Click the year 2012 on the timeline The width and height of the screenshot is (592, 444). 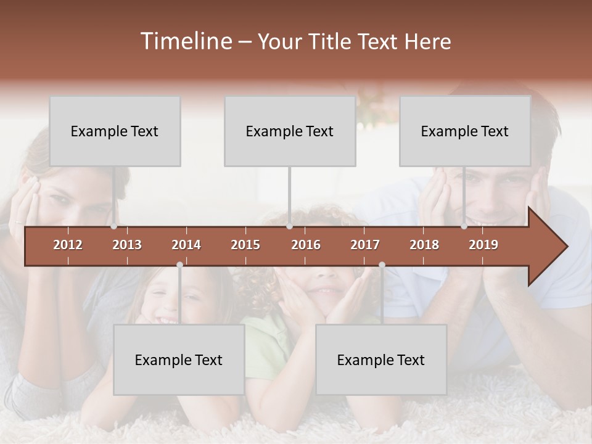(68, 245)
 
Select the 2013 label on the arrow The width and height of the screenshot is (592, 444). (127, 245)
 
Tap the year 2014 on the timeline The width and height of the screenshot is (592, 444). (186, 245)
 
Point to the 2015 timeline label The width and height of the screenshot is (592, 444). (245, 245)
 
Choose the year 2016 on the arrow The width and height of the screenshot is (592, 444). (306, 245)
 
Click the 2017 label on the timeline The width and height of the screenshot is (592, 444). (365, 245)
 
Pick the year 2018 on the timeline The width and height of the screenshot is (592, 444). (424, 245)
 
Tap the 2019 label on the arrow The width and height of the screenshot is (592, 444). (483, 245)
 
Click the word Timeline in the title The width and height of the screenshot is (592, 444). (186, 41)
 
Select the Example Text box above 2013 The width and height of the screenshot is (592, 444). (115, 131)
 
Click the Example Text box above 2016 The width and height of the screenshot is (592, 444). (290, 131)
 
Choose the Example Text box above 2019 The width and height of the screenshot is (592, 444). (465, 131)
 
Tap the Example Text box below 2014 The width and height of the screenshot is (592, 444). (179, 360)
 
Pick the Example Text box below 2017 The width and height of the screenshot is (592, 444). (381, 360)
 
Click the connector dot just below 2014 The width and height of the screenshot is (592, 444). (179, 265)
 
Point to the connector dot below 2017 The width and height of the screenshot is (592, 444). (382, 265)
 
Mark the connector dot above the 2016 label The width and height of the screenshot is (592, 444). (289, 226)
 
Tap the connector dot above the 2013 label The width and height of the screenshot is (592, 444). (114, 226)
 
